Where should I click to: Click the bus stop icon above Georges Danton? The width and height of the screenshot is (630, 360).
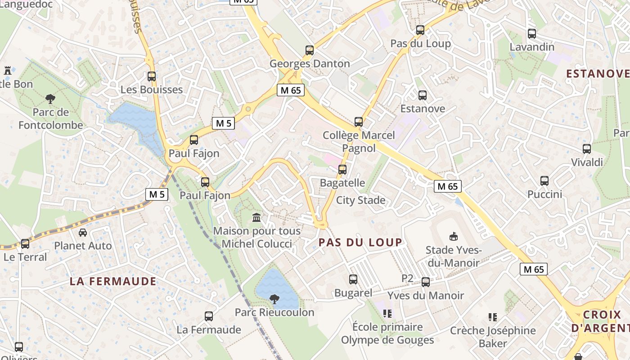click(x=310, y=50)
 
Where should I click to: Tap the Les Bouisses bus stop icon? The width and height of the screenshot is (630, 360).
click(x=152, y=76)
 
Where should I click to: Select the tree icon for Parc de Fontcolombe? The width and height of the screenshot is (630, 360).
click(x=50, y=99)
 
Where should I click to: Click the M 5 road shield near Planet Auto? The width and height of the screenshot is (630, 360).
click(x=157, y=194)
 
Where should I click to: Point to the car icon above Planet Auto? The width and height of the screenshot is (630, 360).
click(x=83, y=233)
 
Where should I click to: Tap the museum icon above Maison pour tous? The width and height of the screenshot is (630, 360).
click(x=256, y=218)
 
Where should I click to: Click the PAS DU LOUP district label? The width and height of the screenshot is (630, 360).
click(x=360, y=242)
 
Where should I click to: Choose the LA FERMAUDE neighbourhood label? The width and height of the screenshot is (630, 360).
click(x=113, y=282)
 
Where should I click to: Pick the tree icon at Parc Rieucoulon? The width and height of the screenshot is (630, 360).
click(x=274, y=299)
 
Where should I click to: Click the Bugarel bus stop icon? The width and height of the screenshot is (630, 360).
click(x=353, y=279)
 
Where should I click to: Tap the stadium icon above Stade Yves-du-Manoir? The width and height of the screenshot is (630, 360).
click(x=453, y=236)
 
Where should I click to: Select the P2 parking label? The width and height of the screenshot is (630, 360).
click(x=407, y=279)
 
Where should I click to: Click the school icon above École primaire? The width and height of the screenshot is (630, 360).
click(x=387, y=313)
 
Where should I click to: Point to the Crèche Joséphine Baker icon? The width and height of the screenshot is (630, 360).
click(x=493, y=317)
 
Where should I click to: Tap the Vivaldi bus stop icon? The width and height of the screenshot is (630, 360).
click(x=587, y=149)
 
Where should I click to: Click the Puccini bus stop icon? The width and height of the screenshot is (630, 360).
click(x=544, y=181)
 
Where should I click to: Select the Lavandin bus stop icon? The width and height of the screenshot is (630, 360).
click(x=532, y=34)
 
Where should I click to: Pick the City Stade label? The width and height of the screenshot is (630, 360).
click(x=361, y=200)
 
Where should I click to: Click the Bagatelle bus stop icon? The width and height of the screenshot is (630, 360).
click(x=342, y=170)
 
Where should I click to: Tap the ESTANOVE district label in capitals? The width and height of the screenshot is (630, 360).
click(x=597, y=73)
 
